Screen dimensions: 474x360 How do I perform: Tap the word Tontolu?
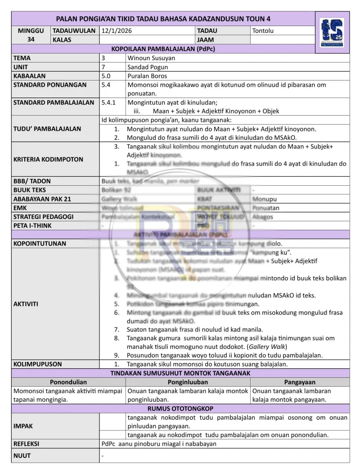263,31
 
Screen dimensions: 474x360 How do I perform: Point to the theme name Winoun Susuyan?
152,58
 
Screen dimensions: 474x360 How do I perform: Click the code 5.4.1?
109,102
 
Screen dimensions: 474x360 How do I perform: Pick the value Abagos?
263,217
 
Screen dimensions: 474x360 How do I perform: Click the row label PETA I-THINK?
32,226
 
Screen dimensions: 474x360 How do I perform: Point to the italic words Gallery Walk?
266,346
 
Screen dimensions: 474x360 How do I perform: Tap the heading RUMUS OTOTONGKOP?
180,408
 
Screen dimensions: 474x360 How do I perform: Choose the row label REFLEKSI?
26,443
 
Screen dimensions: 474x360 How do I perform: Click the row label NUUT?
22,456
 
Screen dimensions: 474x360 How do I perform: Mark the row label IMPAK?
23,425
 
